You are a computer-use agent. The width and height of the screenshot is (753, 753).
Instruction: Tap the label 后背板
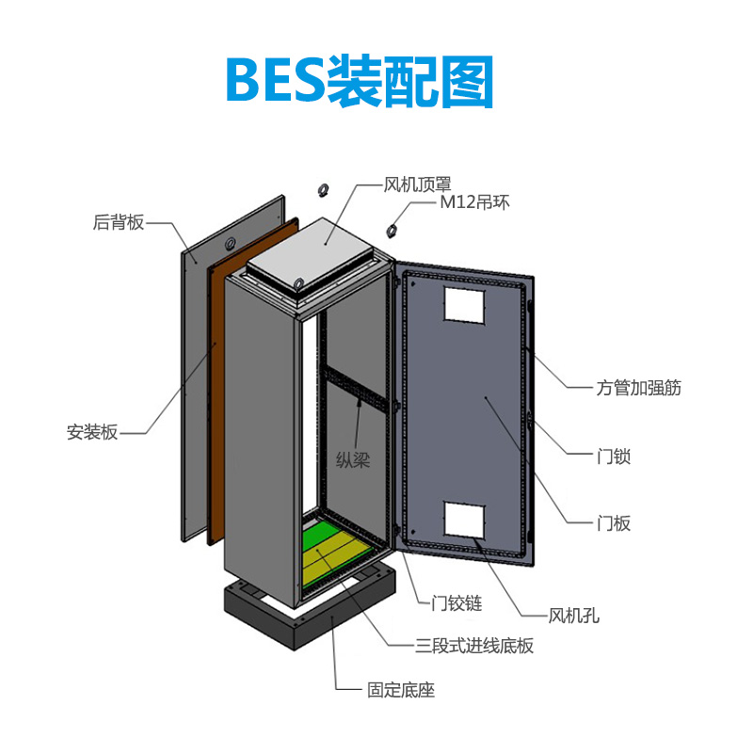pyautogui.click(x=119, y=222)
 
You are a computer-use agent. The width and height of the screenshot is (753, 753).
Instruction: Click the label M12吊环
pyautogui.click(x=474, y=202)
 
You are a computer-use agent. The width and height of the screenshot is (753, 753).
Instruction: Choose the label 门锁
pyautogui.click(x=614, y=457)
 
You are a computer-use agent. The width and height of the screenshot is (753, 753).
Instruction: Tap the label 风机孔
pyautogui.click(x=574, y=617)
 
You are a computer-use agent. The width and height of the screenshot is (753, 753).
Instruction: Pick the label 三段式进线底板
pyautogui.click(x=475, y=646)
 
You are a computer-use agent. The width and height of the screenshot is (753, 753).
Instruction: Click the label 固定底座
pyautogui.click(x=401, y=690)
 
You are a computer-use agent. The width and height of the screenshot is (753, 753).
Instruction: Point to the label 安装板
pyautogui.click(x=92, y=433)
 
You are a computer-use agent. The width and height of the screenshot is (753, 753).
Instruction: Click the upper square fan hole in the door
pyautogui.click(x=463, y=301)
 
